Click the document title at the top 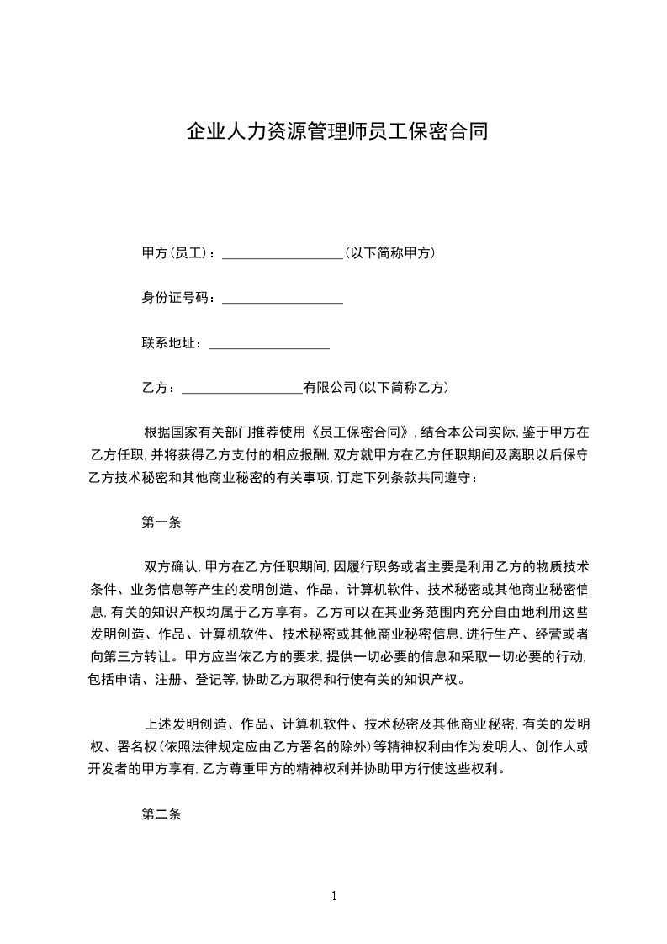[336, 133]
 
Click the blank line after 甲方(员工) [282, 255]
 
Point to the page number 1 [334, 895]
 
